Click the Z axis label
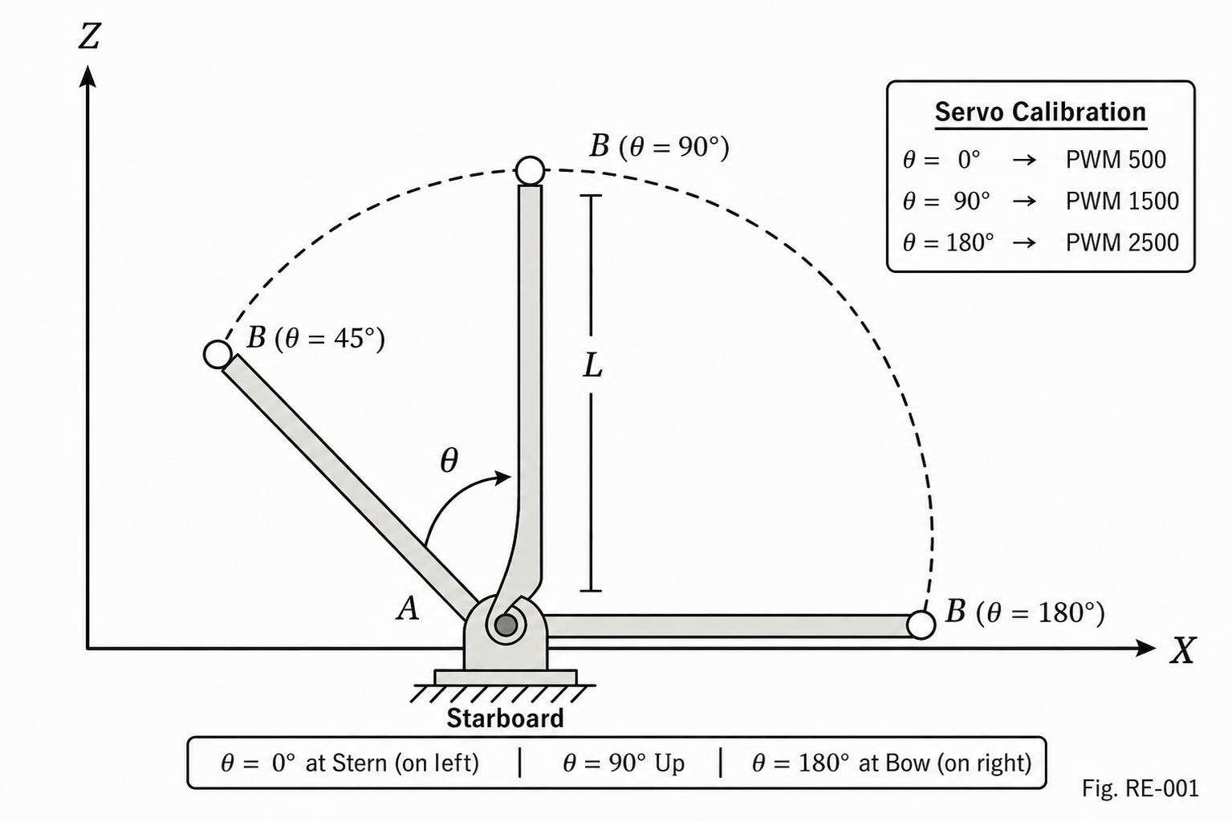(x=89, y=37)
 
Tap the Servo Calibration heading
(x=1041, y=112)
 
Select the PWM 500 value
(x=1116, y=160)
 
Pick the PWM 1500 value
(x=1123, y=201)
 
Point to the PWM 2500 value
(x=1123, y=242)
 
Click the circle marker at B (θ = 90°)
(x=531, y=170)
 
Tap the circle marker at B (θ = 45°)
(x=218, y=354)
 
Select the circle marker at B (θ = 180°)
(x=921, y=625)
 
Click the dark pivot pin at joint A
(x=506, y=625)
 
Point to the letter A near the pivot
(x=408, y=609)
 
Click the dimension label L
(x=592, y=366)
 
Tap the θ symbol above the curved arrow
(x=449, y=460)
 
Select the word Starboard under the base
(x=505, y=718)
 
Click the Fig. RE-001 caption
(x=1141, y=788)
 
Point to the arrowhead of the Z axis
(x=87, y=76)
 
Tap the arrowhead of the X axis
(x=1145, y=648)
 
